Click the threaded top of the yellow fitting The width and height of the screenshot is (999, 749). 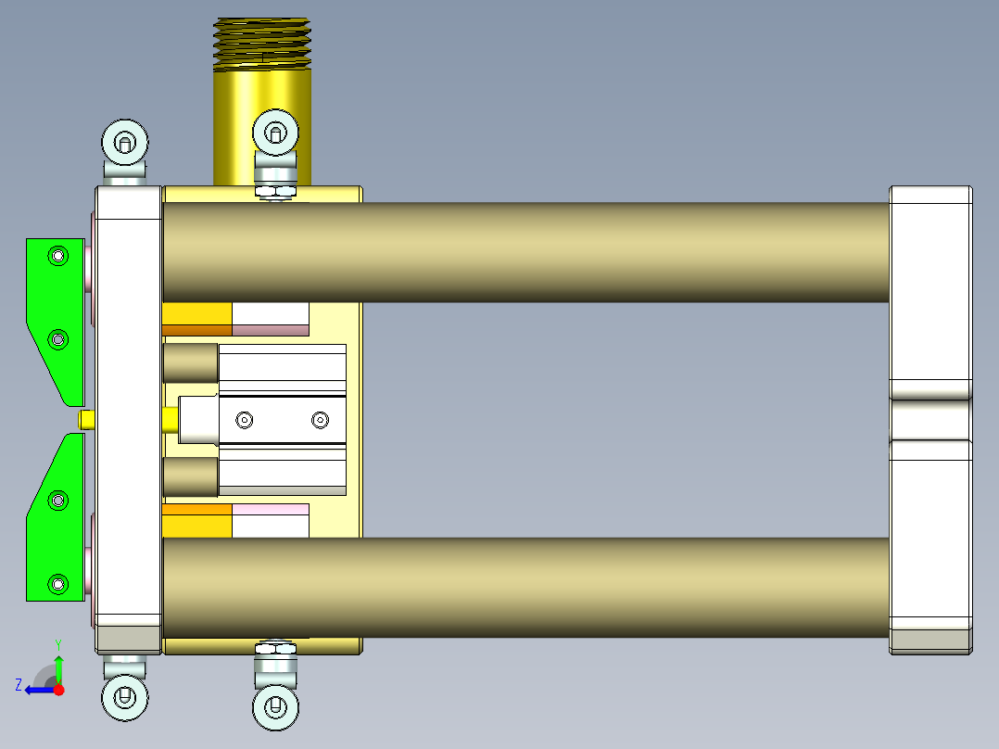(x=262, y=44)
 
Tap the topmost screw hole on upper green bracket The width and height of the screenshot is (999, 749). (x=59, y=255)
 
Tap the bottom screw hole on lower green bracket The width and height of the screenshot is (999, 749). (x=59, y=584)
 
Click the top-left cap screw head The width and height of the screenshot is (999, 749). (x=125, y=142)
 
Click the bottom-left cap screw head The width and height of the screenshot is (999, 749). (x=125, y=696)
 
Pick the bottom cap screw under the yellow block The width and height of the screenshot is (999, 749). (x=276, y=706)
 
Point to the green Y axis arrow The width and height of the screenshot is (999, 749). (x=58, y=666)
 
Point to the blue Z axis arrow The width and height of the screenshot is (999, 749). (x=37, y=689)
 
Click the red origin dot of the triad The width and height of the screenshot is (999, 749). (x=58, y=689)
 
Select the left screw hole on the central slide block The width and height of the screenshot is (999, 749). (x=245, y=421)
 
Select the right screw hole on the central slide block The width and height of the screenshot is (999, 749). (x=320, y=421)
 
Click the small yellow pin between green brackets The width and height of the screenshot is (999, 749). (x=86, y=420)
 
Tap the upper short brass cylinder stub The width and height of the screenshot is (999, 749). (x=190, y=363)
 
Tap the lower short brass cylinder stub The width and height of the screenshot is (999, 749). (x=190, y=477)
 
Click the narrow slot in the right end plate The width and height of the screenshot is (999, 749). (x=930, y=419)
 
